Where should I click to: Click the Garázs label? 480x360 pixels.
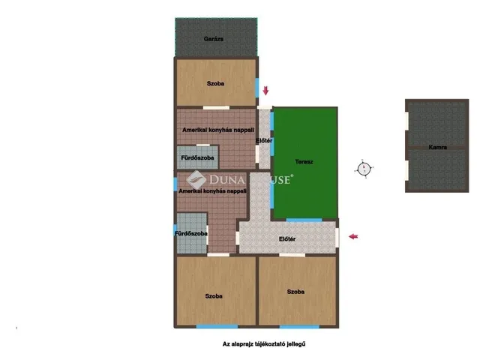tap(213, 39)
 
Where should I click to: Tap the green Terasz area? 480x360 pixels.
tap(305, 163)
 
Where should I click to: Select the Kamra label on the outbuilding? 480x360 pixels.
tap(437, 147)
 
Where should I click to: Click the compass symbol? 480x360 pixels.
tap(364, 169)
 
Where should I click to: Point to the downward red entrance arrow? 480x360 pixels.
tap(265, 90)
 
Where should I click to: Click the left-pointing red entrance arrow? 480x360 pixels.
tap(353, 236)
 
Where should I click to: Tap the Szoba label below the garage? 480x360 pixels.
tap(215, 83)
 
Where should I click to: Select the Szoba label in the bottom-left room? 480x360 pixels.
tap(214, 296)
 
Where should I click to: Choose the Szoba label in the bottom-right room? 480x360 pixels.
tap(295, 292)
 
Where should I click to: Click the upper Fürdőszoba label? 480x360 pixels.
tap(197, 158)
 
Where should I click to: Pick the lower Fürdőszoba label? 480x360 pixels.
tap(191, 233)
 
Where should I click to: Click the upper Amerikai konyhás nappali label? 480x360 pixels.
tap(218, 130)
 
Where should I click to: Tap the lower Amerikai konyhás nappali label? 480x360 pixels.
tap(212, 191)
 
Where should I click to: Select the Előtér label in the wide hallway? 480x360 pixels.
tap(287, 239)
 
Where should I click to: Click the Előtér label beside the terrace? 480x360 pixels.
tap(264, 140)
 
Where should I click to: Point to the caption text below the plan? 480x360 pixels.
tap(264, 344)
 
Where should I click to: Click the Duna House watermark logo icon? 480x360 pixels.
tap(196, 180)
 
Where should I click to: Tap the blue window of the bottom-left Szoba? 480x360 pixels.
tap(217, 327)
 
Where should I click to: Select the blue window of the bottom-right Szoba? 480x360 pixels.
tap(299, 327)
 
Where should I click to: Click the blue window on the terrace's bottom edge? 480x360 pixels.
tap(304, 220)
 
